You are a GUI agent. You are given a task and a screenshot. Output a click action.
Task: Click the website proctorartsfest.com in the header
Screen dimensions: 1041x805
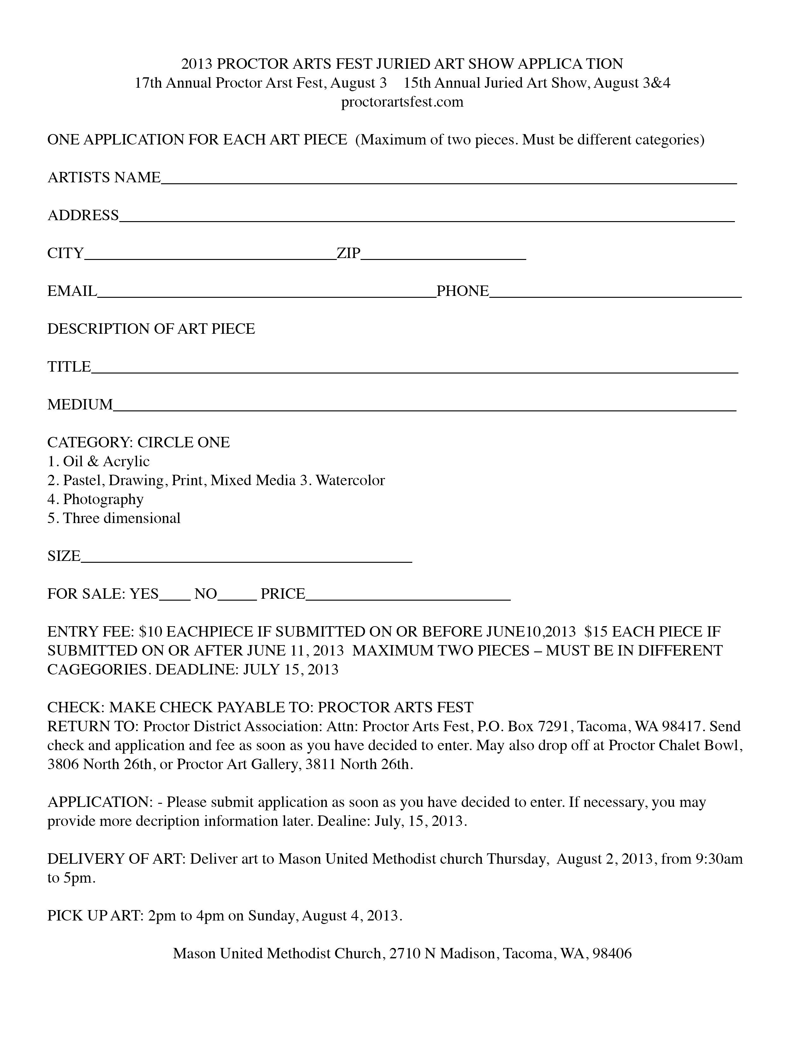[402, 102]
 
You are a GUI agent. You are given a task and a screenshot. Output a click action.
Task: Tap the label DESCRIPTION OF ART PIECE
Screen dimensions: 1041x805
[151, 329]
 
